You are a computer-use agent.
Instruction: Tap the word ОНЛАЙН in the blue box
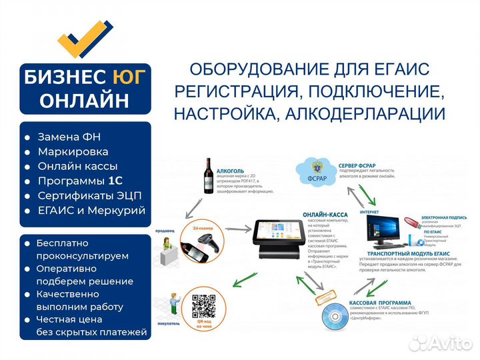pos(85,100)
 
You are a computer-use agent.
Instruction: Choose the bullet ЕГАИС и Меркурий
pos(91,210)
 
